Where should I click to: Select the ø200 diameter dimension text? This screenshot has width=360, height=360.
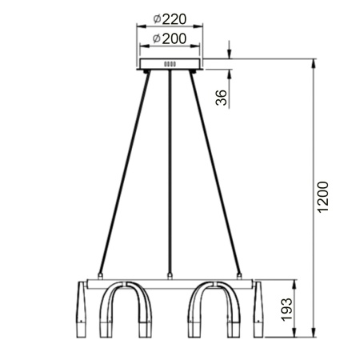coord(169,38)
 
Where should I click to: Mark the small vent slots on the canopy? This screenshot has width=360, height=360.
coord(170,65)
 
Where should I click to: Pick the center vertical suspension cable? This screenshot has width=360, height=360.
coord(170,172)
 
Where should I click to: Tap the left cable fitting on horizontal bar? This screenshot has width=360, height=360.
coord(99,274)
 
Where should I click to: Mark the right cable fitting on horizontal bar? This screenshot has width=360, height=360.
coord(240,274)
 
